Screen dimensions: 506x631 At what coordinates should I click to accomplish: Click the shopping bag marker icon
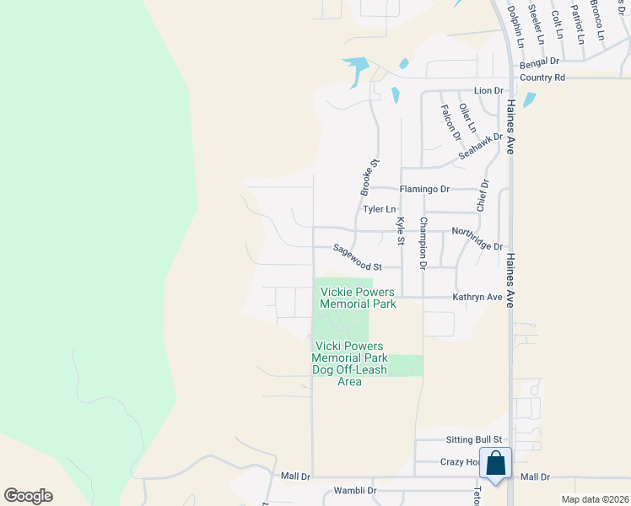(495, 463)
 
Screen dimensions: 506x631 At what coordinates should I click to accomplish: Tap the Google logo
(29, 496)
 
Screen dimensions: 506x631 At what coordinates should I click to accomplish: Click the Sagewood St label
(357, 257)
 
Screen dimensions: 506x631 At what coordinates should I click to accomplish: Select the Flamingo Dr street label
(424, 189)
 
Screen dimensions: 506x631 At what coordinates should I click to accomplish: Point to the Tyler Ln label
(379, 208)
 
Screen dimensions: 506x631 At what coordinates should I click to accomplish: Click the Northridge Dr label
(477, 239)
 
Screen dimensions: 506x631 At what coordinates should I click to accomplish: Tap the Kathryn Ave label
(477, 297)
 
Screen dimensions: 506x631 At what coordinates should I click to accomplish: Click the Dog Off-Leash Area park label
(348, 363)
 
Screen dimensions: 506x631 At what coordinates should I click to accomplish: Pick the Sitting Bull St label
(473, 439)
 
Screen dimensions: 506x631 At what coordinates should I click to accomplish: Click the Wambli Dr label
(355, 490)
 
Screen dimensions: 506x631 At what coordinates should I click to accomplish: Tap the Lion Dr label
(488, 90)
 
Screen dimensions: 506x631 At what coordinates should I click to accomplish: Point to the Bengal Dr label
(540, 62)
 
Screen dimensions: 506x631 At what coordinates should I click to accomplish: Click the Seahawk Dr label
(480, 148)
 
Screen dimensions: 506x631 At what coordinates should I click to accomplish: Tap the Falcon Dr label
(450, 121)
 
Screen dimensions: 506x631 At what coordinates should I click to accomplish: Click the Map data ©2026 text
(594, 499)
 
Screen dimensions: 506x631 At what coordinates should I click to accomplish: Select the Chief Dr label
(483, 195)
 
